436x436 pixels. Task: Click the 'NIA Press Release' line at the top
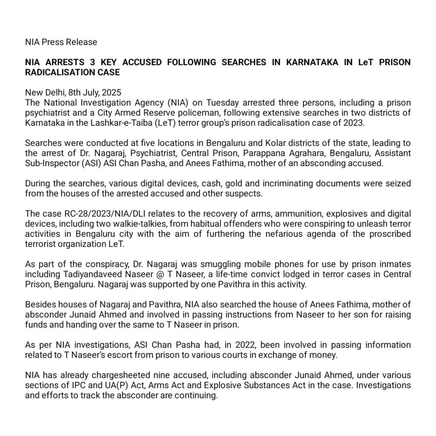pyautogui.click(x=61, y=42)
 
